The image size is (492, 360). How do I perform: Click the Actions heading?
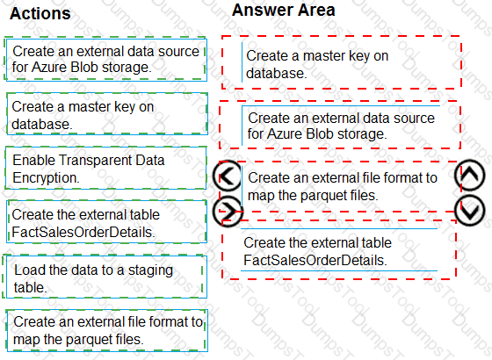40,13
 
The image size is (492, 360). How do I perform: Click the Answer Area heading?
283,10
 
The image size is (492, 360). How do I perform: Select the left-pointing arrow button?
228,176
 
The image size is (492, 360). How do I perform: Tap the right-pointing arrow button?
228,212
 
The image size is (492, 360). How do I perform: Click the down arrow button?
470,211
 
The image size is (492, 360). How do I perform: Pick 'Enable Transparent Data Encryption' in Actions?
106,169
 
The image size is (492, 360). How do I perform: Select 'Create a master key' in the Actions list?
107,114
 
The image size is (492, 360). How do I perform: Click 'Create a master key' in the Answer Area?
341,62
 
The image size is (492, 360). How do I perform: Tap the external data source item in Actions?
106,60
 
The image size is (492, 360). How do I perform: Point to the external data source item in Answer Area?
341,126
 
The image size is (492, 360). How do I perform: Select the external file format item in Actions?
107,330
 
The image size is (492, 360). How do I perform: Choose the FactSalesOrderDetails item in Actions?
106,221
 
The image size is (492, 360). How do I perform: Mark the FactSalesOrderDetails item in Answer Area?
339,250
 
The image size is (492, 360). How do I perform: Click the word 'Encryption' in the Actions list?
46,177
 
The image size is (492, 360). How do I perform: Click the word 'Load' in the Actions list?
27,270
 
